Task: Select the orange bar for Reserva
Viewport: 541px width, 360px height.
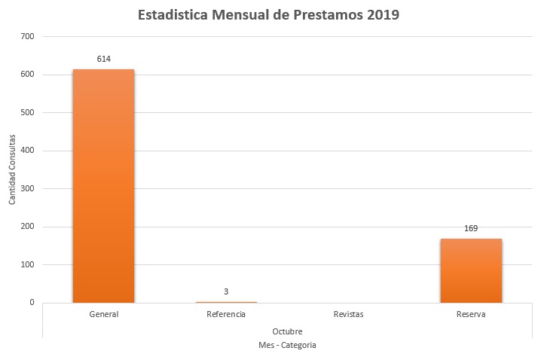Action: pyautogui.click(x=471, y=270)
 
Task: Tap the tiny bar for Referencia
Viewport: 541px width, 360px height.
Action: pyautogui.click(x=226, y=302)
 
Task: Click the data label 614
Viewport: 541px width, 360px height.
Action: pyautogui.click(x=103, y=59)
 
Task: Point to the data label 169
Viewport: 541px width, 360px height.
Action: pyautogui.click(x=471, y=228)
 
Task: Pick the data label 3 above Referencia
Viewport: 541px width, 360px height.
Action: pyautogui.click(x=226, y=291)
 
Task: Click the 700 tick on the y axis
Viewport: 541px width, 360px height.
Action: pyautogui.click(x=28, y=36)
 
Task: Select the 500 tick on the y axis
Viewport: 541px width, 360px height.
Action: pyautogui.click(x=28, y=113)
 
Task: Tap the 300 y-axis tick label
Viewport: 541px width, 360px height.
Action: pyautogui.click(x=28, y=189)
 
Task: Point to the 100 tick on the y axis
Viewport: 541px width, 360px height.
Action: pyautogui.click(x=28, y=265)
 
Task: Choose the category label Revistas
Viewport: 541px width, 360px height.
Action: pyautogui.click(x=348, y=314)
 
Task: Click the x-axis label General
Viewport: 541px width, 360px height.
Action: pyautogui.click(x=103, y=314)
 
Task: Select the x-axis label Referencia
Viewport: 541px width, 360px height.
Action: pyautogui.click(x=226, y=314)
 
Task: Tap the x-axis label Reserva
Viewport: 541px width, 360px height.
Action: pyautogui.click(x=471, y=314)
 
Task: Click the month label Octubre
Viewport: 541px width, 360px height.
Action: pyautogui.click(x=287, y=331)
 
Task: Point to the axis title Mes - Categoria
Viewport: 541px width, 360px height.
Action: pyautogui.click(x=287, y=345)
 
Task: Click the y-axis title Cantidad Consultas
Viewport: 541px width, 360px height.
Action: pyautogui.click(x=13, y=170)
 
